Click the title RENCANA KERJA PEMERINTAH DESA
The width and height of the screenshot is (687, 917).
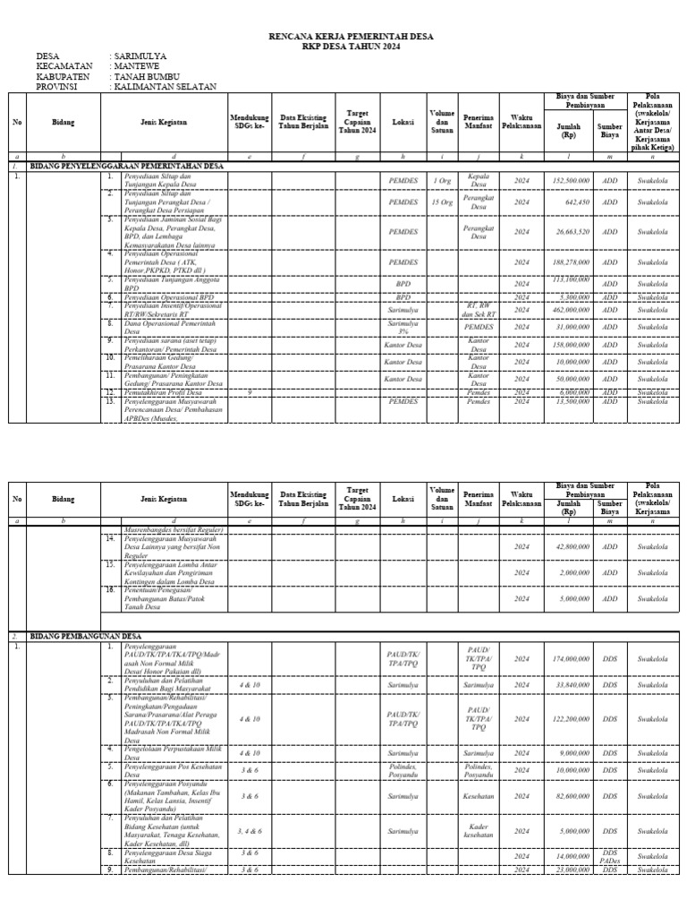(343, 37)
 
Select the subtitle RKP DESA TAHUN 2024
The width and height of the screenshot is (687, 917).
(343, 47)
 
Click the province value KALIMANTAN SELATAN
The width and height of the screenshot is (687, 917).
(164, 87)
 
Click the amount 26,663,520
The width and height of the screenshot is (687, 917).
(572, 232)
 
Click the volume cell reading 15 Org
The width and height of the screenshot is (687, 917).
(442, 202)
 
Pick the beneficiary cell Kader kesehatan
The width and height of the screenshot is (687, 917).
(479, 831)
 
